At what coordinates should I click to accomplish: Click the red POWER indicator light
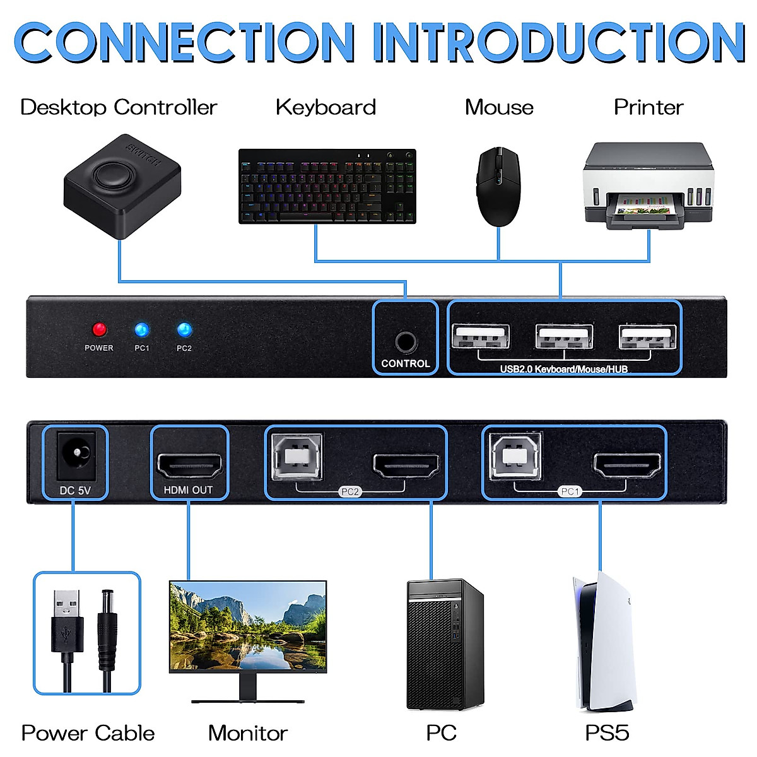coord(99,329)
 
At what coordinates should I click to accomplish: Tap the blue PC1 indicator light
coord(142,329)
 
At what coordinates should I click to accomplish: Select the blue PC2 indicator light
coord(184,329)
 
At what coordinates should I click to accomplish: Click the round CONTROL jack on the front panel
coord(406,343)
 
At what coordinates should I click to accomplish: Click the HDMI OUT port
coord(189,465)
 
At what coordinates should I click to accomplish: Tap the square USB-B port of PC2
coord(296,455)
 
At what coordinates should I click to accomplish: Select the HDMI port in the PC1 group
coord(628,465)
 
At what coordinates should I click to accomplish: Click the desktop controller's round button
coord(113,175)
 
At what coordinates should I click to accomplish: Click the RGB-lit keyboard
coord(327,186)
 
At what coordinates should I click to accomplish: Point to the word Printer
coord(648,107)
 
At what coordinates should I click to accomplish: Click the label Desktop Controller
coord(119,107)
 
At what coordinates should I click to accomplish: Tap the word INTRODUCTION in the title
coord(558,42)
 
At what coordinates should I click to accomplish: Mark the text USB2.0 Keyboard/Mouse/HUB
coord(564,369)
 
